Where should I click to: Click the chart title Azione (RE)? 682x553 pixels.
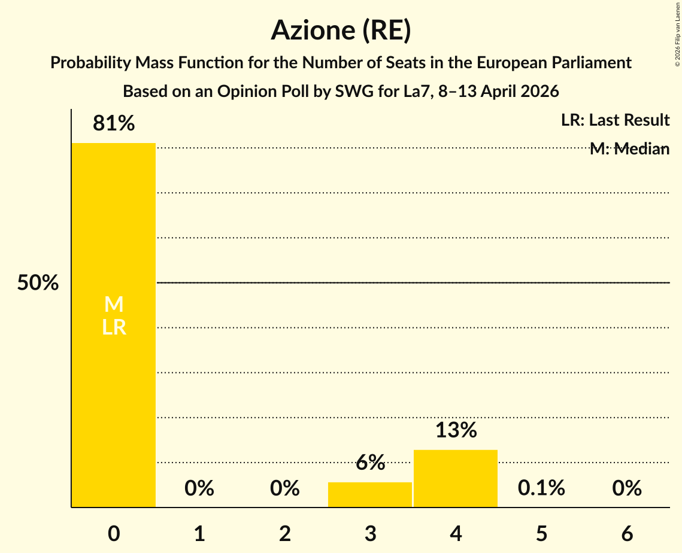coord(341,31)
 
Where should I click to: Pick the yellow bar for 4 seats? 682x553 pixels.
coord(456,478)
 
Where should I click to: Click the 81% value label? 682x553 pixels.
coord(114,124)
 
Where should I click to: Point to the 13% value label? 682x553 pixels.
coord(456,430)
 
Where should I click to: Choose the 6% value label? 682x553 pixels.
coord(370,463)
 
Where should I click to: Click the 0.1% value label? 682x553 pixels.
coord(541,488)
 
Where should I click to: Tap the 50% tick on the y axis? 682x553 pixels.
coord(38,283)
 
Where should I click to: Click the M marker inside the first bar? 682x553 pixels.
coord(114,305)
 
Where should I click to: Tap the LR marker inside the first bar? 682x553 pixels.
coord(114,327)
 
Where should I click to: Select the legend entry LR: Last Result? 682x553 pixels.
coord(615,120)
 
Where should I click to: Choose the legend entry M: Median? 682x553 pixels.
coord(629,149)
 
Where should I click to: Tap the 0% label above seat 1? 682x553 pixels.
coord(199,488)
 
